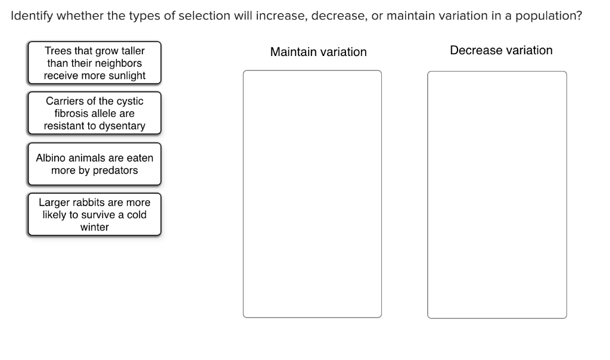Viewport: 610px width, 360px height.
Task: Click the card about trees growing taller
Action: tap(94, 63)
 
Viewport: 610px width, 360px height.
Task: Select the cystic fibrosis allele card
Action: tap(94, 113)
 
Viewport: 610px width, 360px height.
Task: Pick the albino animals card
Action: tap(94, 164)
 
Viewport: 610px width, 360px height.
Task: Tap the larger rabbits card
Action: tap(94, 215)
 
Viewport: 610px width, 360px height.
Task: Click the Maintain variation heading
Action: tap(318, 52)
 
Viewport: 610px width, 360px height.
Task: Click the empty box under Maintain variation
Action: tap(312, 194)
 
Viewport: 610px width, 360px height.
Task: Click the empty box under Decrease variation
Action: tap(497, 194)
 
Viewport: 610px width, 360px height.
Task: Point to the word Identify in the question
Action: tap(32, 16)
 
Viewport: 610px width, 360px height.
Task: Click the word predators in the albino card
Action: tap(115, 170)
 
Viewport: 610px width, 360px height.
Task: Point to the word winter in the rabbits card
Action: tap(94, 227)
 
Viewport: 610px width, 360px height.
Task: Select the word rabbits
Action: tap(89, 202)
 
